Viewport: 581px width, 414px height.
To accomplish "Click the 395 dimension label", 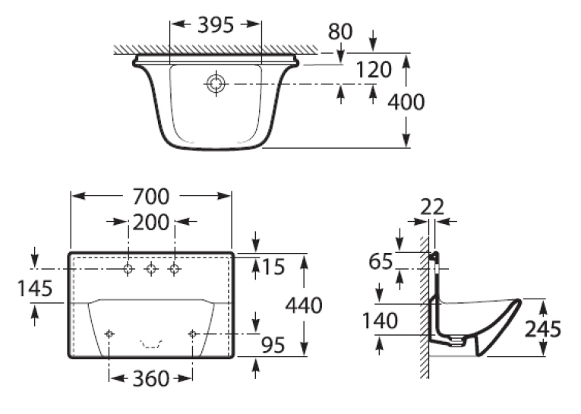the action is (x=216, y=25).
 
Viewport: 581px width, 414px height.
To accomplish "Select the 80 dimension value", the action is (x=340, y=31).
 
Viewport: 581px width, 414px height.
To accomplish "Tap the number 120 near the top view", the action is (x=374, y=70).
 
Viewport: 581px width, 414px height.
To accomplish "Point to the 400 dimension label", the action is (x=406, y=102).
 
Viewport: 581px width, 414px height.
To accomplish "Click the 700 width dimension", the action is (x=151, y=197).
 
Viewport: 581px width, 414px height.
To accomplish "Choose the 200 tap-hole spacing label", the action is (x=151, y=223).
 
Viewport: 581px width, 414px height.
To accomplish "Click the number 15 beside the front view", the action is (x=273, y=267).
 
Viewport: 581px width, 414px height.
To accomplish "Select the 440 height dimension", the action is (x=304, y=305).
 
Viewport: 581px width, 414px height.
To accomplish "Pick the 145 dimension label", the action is (x=35, y=289).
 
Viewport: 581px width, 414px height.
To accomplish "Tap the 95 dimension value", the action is (x=273, y=345).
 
